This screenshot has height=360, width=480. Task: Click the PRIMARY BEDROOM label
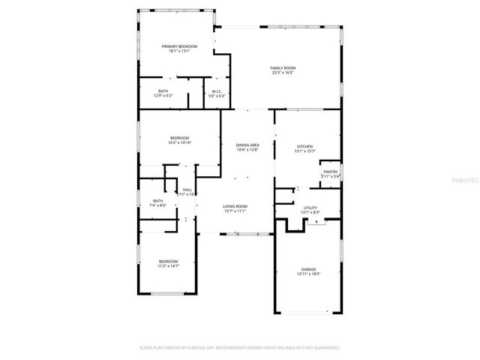point(174,46)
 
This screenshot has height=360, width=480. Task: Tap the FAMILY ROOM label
point(282,68)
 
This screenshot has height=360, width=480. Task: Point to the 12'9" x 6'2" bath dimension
point(163,96)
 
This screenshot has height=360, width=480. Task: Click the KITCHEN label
point(304,146)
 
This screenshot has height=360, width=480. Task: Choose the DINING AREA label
point(247,145)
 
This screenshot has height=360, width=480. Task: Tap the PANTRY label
point(331,172)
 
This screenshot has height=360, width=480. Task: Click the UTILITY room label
point(310,208)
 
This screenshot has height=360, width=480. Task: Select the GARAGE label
point(309,269)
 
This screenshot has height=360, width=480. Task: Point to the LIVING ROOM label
point(235,206)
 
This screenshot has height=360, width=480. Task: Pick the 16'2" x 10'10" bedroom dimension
point(180,142)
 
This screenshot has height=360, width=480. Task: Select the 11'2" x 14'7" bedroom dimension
point(168,265)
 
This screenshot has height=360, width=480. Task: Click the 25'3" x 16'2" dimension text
point(282,73)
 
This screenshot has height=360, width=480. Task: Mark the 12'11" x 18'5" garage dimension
point(309,274)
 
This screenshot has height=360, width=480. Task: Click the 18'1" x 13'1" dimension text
point(174,51)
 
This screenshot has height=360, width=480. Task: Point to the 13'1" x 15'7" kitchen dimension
point(304,151)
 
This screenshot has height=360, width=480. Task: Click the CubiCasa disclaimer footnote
point(240,348)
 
